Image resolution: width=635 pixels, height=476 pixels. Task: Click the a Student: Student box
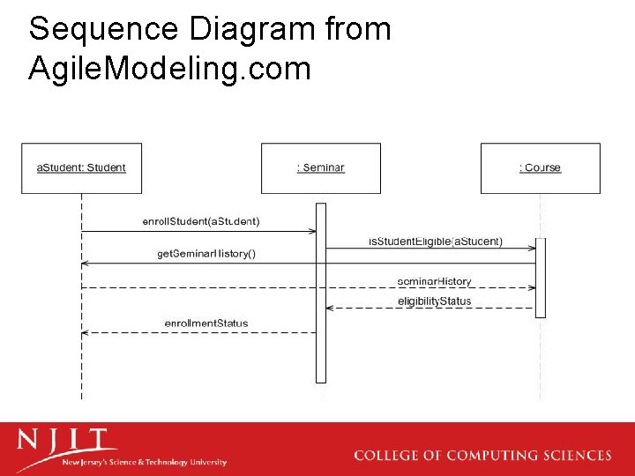point(81,168)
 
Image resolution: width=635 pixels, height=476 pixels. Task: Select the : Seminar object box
point(321,168)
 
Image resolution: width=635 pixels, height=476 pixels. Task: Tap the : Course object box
point(540,168)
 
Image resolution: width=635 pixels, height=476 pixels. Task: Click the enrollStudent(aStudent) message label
point(201,220)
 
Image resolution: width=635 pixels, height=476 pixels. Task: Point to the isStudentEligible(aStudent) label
point(436,241)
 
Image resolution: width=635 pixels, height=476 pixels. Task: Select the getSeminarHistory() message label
point(206,254)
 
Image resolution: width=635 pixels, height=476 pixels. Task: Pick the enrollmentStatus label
point(206,324)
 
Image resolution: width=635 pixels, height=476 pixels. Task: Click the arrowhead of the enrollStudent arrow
point(312,232)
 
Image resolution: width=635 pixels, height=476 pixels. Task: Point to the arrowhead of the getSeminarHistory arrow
point(85,264)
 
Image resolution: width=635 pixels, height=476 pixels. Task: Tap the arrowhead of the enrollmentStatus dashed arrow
point(85,332)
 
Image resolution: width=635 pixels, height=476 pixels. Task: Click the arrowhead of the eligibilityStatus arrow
point(330,309)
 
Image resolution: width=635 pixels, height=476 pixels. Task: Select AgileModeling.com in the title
point(169,67)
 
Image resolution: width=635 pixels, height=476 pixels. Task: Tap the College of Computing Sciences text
point(482,456)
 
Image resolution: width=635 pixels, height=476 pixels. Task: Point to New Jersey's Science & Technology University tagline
point(144,462)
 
